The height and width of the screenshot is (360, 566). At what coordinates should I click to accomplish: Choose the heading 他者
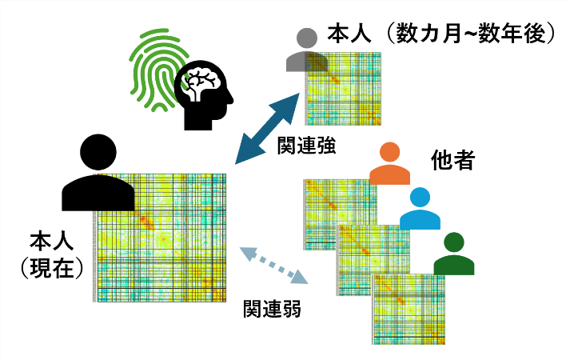[453, 160]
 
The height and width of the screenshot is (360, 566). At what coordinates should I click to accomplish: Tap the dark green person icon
[454, 255]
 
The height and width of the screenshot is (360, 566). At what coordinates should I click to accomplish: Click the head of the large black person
[97, 152]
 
